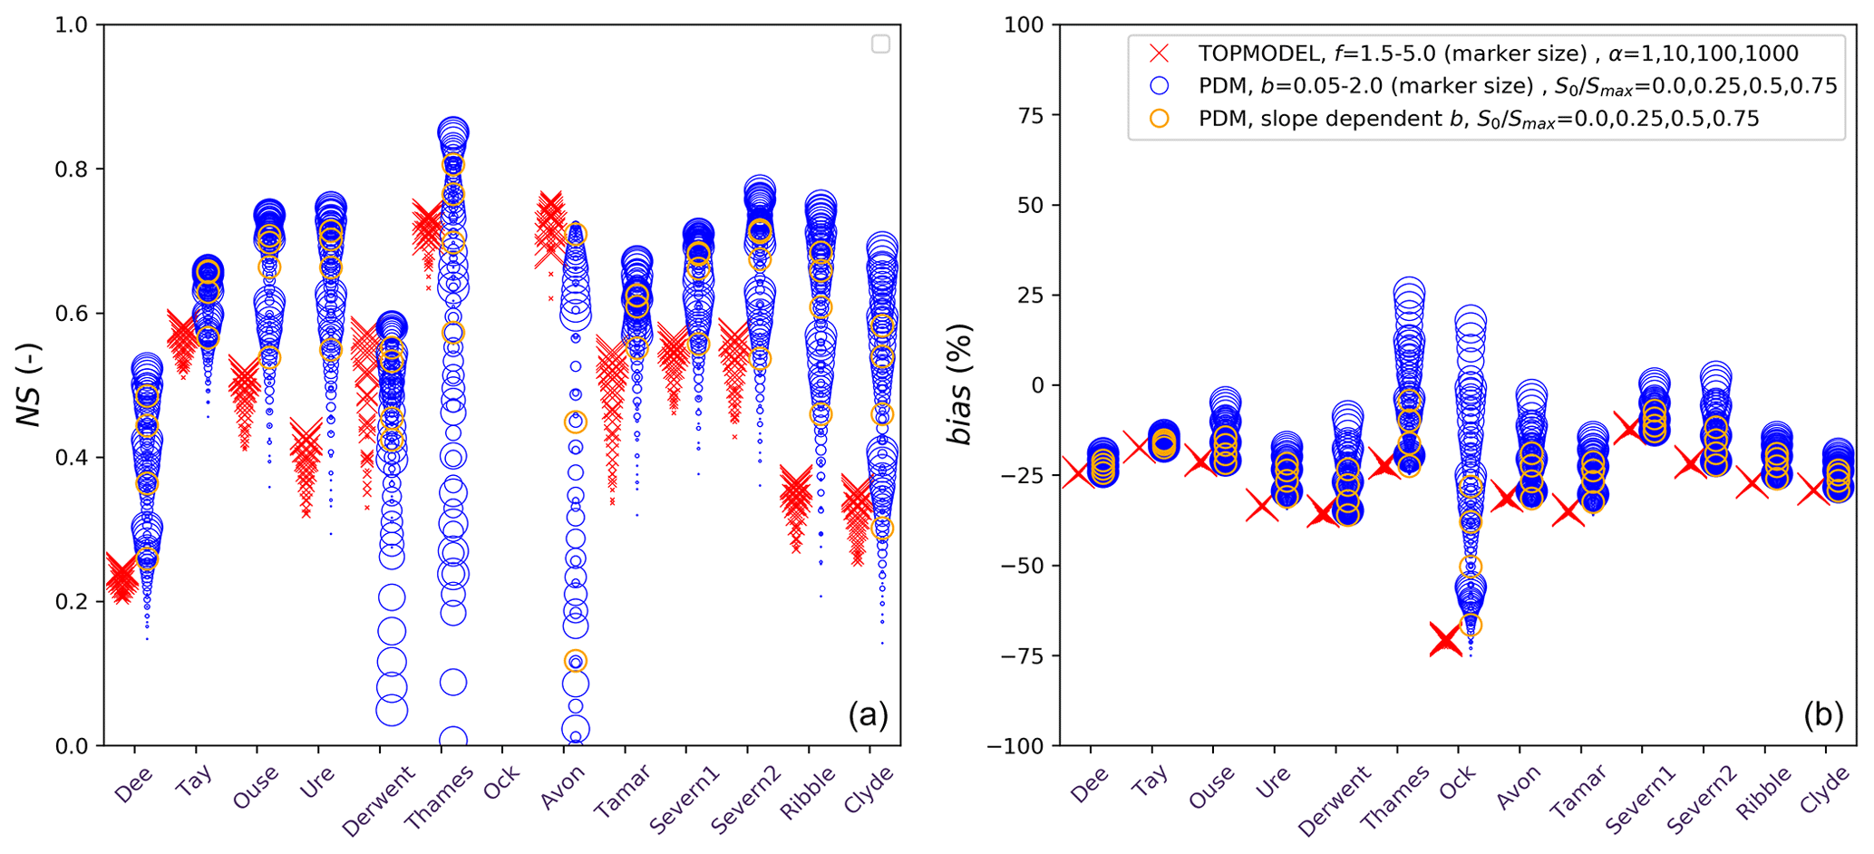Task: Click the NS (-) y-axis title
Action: [29, 384]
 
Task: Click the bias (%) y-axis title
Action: [959, 384]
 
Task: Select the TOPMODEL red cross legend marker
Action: [1159, 53]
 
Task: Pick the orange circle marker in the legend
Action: [1159, 119]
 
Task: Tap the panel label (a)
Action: [868, 715]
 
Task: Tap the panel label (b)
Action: [1823, 715]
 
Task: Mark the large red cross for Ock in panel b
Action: [1445, 640]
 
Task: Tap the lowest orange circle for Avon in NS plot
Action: [576, 661]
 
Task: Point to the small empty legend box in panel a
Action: [880, 44]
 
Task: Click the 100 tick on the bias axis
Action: [1024, 24]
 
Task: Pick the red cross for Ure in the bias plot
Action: [1261, 505]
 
